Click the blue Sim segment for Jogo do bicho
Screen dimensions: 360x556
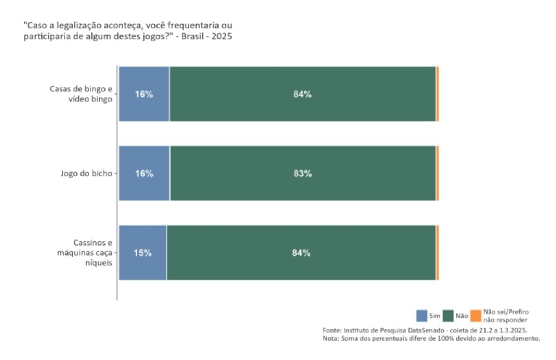(x=144, y=173)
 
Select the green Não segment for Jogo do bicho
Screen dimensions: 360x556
(x=302, y=173)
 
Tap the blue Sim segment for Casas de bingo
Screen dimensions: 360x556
(x=143, y=93)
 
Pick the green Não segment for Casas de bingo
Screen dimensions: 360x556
(x=302, y=93)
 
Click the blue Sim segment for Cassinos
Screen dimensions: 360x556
(x=142, y=253)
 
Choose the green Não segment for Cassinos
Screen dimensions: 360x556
(x=300, y=253)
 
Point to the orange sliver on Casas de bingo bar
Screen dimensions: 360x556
(x=437, y=93)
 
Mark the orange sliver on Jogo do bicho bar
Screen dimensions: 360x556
(x=437, y=173)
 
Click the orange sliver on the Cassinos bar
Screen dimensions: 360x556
(x=437, y=253)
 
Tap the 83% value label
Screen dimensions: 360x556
(x=303, y=174)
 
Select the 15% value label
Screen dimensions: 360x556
(x=143, y=254)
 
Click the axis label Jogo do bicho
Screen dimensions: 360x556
(x=88, y=173)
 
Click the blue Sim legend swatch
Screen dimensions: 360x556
(x=422, y=316)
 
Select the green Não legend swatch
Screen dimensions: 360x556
(x=449, y=316)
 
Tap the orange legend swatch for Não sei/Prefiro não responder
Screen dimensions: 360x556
(x=476, y=316)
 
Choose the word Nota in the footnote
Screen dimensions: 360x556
(x=330, y=338)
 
